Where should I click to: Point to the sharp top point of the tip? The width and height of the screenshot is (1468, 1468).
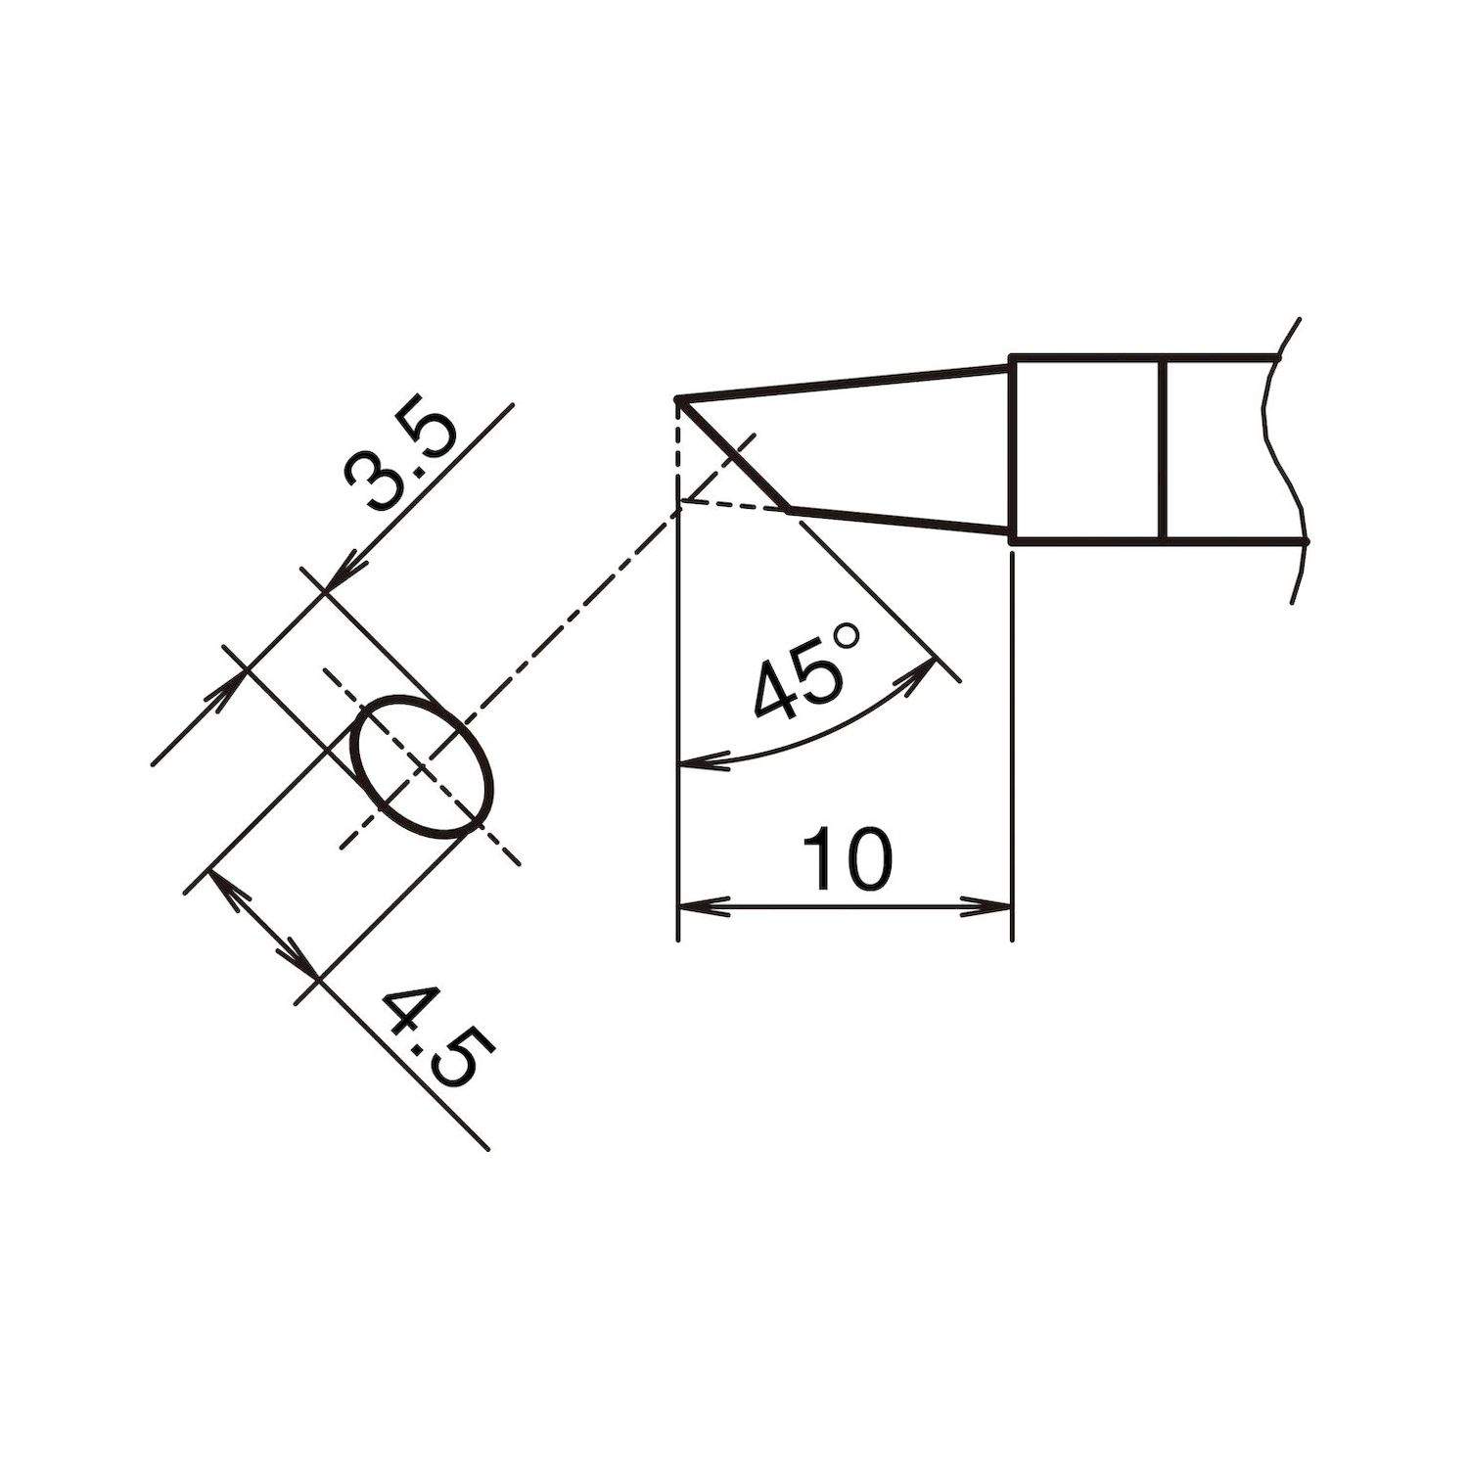[x=677, y=399]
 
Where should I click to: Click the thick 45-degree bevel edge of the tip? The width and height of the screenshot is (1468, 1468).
[x=733, y=455]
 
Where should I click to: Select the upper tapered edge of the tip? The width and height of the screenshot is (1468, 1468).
[x=842, y=383]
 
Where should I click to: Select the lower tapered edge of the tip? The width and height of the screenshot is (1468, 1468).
[x=900, y=522]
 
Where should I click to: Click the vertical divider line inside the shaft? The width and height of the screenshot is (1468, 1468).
[x=1162, y=448]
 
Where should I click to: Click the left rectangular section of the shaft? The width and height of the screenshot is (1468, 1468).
[x=1086, y=448]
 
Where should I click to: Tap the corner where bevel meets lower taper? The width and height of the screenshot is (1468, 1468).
[x=789, y=510]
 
